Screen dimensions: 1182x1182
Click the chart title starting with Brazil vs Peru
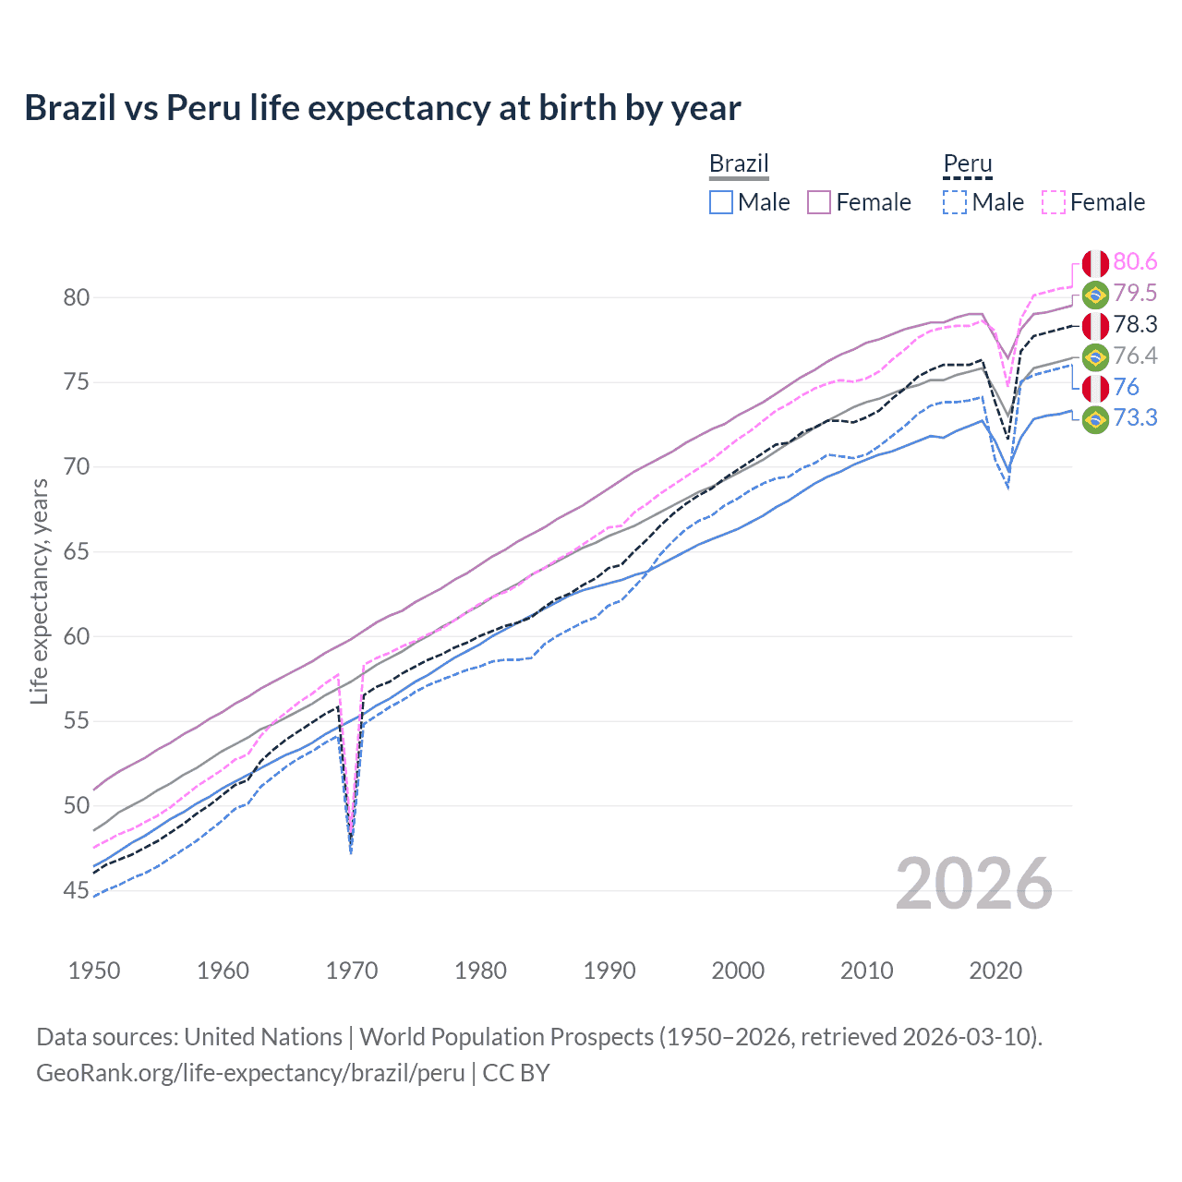click(382, 108)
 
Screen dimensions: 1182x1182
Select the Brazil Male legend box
click(721, 202)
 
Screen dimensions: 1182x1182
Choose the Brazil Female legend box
click(819, 202)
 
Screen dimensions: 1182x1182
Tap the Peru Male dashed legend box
click(955, 202)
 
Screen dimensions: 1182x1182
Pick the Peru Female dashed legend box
click(1053, 202)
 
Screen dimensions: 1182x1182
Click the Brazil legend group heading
click(739, 163)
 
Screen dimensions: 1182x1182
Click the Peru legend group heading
click(967, 163)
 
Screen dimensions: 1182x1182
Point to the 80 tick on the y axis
click(77, 297)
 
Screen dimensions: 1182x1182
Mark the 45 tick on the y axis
click(77, 891)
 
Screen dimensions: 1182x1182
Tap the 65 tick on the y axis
click(77, 552)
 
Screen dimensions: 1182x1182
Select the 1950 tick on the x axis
click(94, 971)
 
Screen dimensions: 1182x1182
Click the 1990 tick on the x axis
click(609, 971)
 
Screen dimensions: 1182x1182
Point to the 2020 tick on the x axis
click(995, 971)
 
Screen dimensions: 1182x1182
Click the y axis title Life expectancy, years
click(39, 591)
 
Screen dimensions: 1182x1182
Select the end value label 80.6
click(1135, 262)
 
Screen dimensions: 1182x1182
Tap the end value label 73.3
click(1135, 418)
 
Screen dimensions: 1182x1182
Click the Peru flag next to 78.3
click(1095, 325)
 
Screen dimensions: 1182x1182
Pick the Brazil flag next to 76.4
click(1095, 356)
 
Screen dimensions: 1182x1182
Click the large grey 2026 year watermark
click(973, 884)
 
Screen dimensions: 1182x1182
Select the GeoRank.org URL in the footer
click(250, 1073)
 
